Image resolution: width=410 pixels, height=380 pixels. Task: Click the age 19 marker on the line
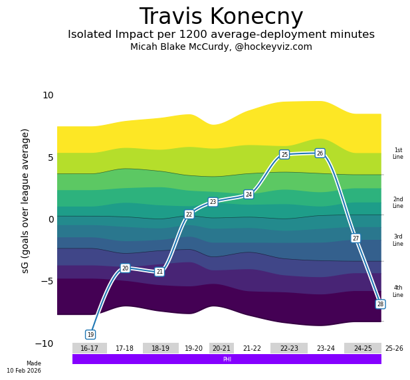tap(90, 334)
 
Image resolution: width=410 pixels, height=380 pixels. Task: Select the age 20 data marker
tap(125, 268)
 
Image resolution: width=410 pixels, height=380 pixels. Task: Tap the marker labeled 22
tap(189, 214)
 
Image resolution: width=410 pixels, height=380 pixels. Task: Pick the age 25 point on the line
tap(284, 154)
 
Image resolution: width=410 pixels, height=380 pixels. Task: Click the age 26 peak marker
tap(320, 153)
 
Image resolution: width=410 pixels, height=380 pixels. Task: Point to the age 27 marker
tap(356, 238)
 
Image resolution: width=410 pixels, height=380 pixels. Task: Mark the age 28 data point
tap(380, 304)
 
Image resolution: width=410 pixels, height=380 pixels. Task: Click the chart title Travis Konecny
tap(221, 17)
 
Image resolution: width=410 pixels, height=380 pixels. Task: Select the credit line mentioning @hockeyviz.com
tap(221, 47)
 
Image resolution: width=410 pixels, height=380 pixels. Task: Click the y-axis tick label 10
tap(48, 95)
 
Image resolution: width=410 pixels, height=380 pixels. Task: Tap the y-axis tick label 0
tap(51, 219)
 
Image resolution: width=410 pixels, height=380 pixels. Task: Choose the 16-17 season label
tap(89, 348)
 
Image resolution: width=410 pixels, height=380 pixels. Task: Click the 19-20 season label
tap(193, 348)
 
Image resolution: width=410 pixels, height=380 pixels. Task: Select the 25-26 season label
tap(393, 348)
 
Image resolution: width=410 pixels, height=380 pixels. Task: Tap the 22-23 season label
tap(289, 348)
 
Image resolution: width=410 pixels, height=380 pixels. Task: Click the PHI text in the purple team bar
tap(227, 359)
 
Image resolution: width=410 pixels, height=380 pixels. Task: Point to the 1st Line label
tap(397, 153)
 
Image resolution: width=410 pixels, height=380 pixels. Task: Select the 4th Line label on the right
tap(397, 291)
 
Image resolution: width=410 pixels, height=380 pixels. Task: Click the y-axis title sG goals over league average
tap(26, 201)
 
